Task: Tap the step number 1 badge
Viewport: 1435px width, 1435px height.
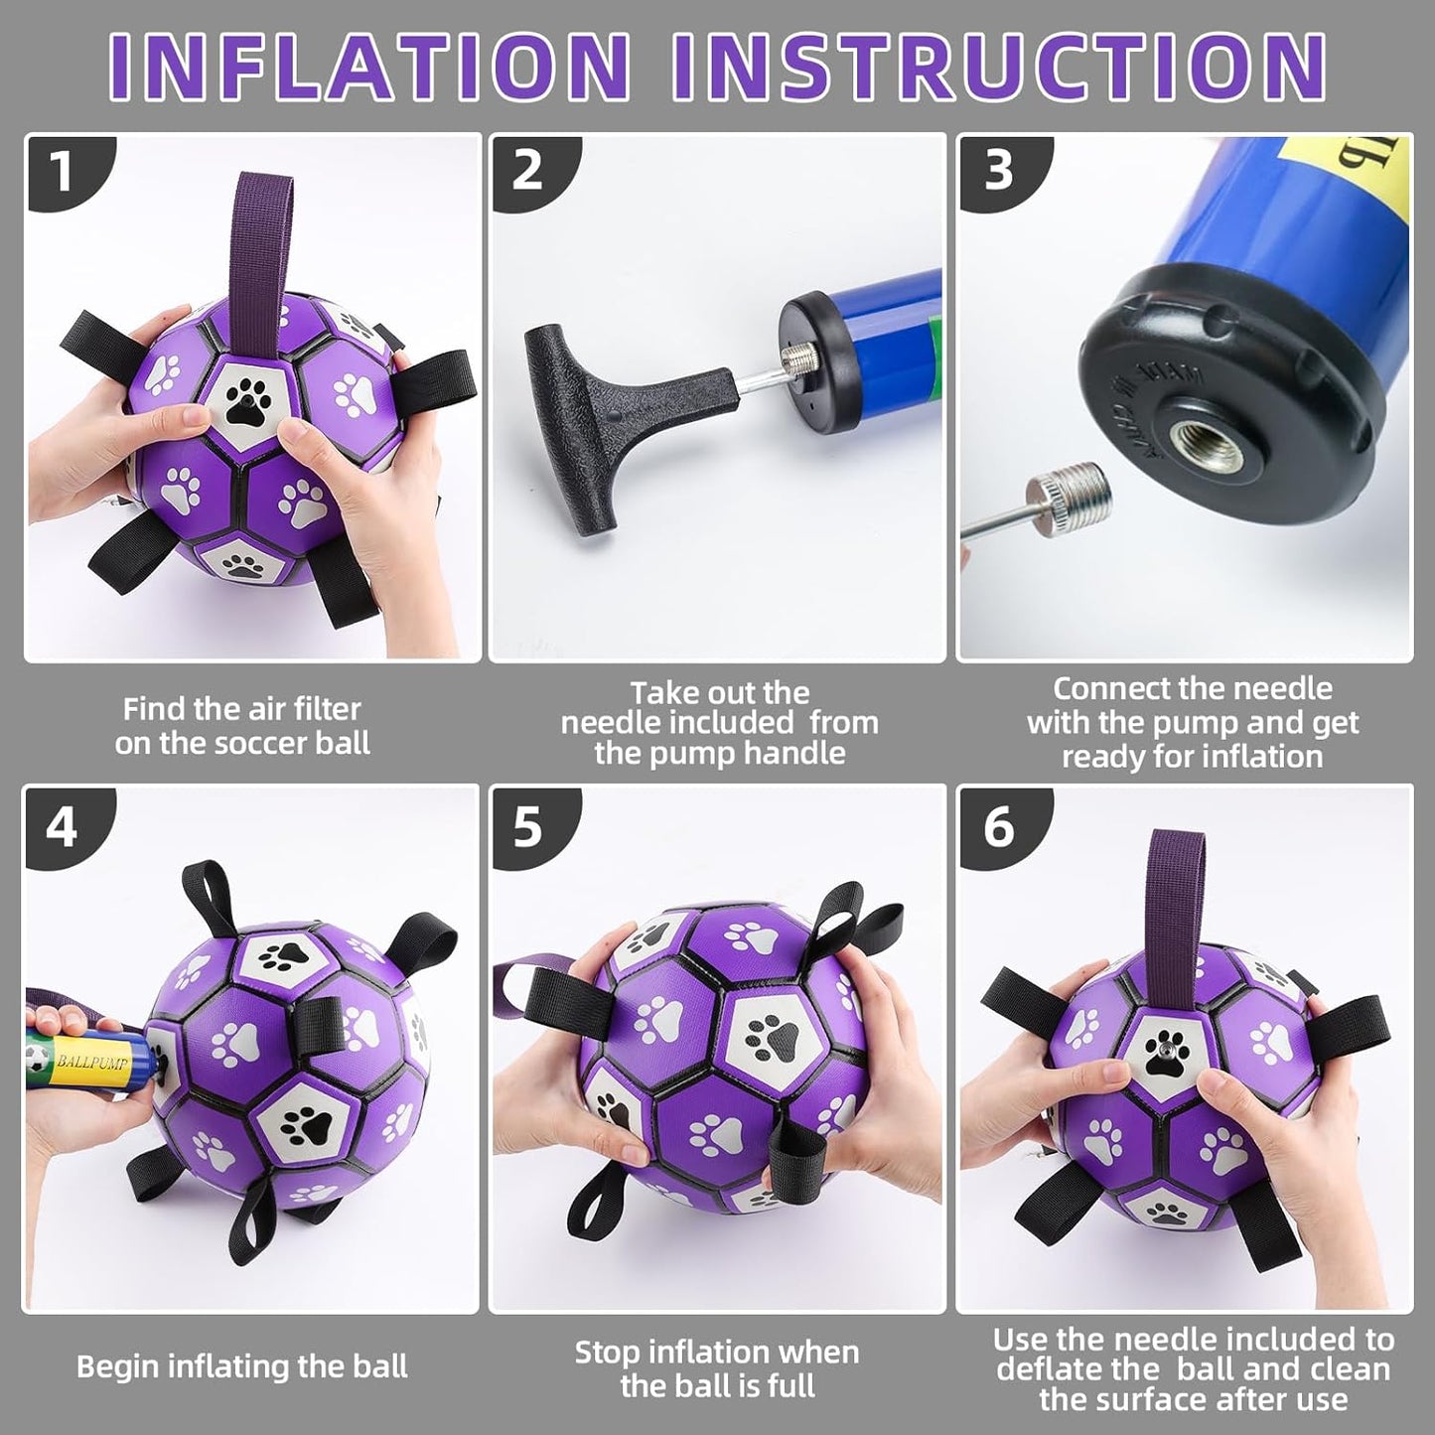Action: (64, 173)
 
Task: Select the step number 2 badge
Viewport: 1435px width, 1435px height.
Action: (528, 171)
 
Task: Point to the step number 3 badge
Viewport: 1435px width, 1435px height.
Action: (998, 171)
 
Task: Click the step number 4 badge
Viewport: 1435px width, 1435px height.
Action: (63, 826)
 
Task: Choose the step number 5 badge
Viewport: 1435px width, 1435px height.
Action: (528, 826)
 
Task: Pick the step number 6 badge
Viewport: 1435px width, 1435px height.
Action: (998, 826)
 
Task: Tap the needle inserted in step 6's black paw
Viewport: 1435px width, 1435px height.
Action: (1162, 1049)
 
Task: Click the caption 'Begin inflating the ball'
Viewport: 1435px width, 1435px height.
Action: (242, 1366)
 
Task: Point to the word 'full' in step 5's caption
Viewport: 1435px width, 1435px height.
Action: (792, 1386)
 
